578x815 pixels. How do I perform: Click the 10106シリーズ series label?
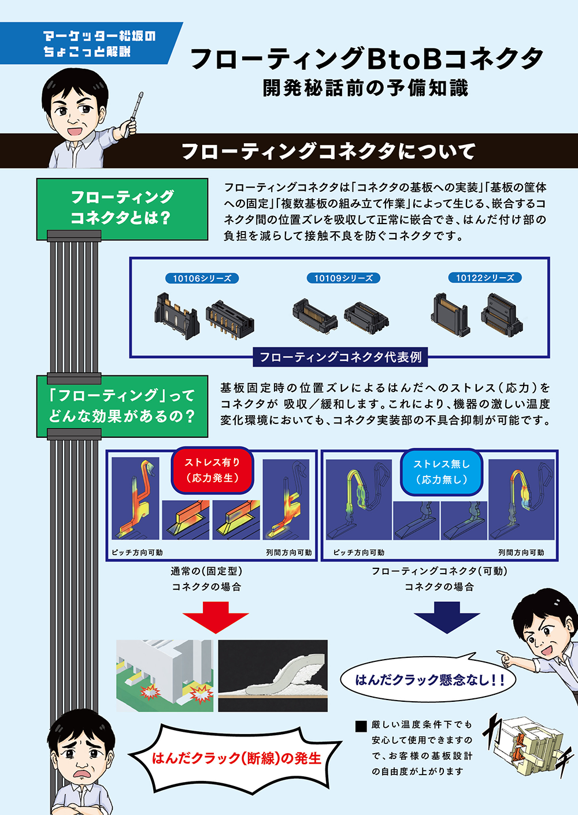(202, 278)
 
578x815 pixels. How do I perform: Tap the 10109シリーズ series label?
(343, 278)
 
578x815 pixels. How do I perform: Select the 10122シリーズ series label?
(485, 278)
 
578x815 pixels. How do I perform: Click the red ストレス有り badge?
(212, 470)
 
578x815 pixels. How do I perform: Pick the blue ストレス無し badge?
(442, 472)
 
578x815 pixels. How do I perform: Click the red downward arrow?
(216, 617)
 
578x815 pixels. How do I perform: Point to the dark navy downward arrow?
(447, 617)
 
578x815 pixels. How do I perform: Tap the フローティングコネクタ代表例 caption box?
(340, 357)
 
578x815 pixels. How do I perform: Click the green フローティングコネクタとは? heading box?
(123, 209)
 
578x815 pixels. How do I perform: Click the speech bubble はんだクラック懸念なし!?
(428, 679)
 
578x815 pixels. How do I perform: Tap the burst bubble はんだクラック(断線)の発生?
(236, 758)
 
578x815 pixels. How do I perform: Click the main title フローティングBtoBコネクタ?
(367, 58)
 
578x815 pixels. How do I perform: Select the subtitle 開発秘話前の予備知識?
(365, 88)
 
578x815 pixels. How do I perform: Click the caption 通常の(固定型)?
(206, 571)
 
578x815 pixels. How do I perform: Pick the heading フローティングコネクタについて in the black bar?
(328, 151)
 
